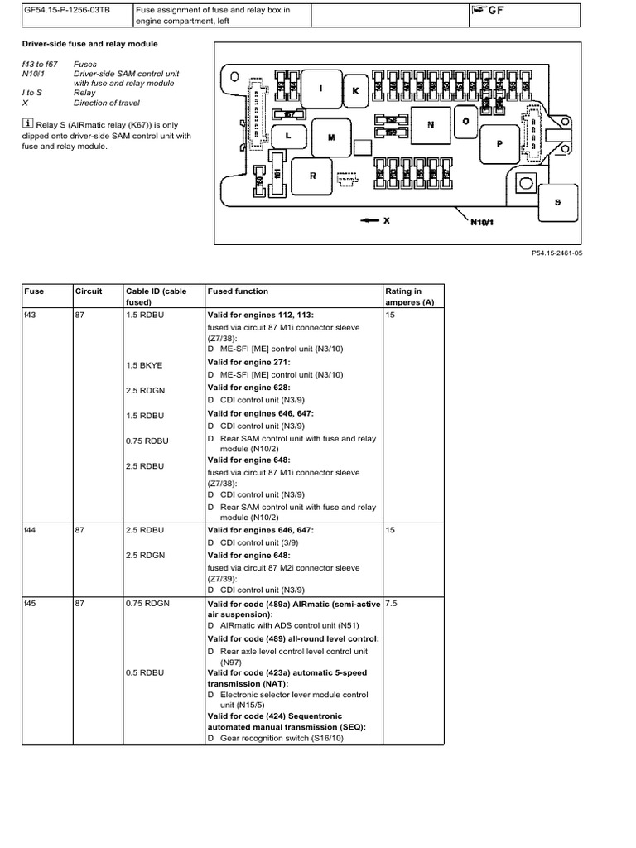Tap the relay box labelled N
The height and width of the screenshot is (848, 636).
pos(429,125)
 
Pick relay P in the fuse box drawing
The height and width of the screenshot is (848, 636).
pos(499,142)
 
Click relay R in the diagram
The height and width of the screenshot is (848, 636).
pos(313,176)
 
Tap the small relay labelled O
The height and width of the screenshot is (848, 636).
pos(465,120)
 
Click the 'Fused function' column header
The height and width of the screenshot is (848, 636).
pos(238,291)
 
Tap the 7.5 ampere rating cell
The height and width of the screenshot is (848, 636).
pos(393,604)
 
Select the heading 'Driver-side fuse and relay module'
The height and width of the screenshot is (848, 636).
pos(89,43)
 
